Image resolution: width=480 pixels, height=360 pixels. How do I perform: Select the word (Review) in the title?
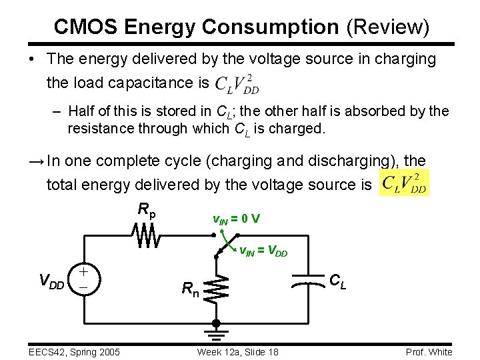click(x=387, y=27)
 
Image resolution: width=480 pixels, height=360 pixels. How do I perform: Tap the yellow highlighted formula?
click(x=403, y=183)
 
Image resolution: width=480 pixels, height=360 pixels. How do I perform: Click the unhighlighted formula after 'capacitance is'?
click(x=237, y=83)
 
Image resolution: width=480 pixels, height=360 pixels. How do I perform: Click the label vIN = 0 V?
click(x=236, y=219)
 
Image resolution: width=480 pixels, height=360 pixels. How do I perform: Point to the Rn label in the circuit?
click(x=189, y=289)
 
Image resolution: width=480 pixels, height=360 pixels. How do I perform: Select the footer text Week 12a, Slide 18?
click(x=237, y=352)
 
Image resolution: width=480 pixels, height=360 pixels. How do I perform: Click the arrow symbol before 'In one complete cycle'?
click(x=37, y=162)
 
